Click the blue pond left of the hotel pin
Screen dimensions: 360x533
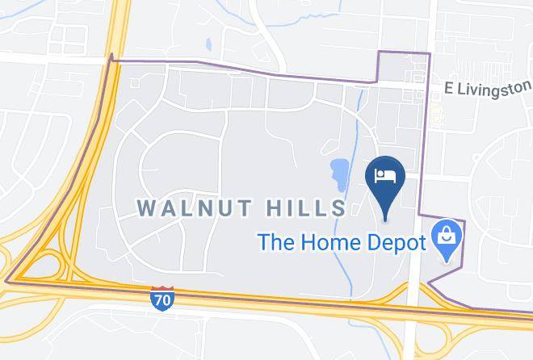pos(339,172)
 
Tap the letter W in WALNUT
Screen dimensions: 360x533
pos(147,207)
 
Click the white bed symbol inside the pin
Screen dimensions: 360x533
pos(385,175)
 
